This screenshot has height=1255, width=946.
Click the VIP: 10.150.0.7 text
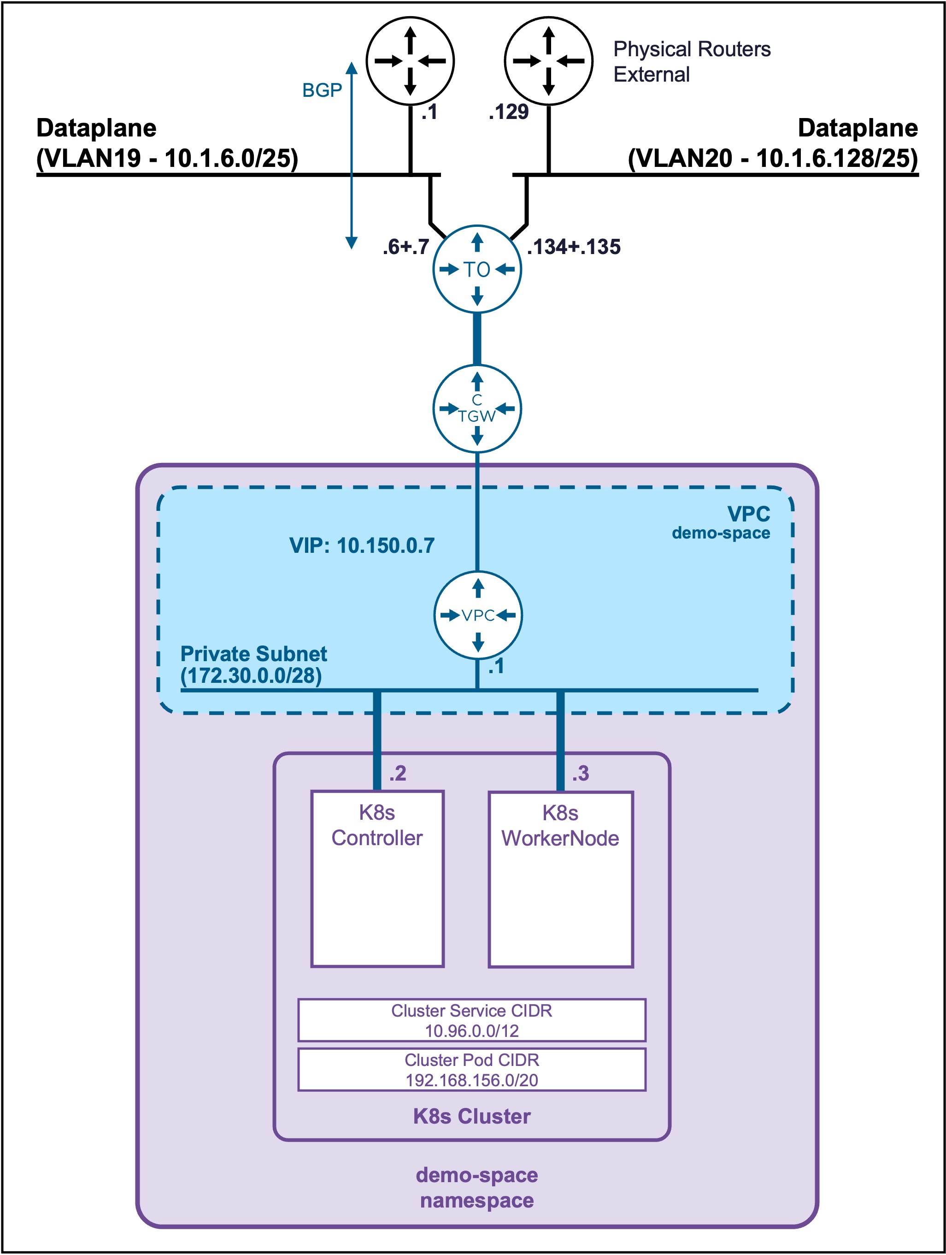pyautogui.click(x=362, y=545)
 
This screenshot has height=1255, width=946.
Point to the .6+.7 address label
pyautogui.click(x=406, y=247)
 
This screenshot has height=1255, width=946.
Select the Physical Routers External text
pyautogui.click(x=692, y=62)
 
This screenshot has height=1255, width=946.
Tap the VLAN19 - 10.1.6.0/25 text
pyautogui.click(x=167, y=158)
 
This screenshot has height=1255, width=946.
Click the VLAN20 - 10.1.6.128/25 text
pyautogui.click(x=773, y=158)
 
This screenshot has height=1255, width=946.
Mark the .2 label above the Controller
pyautogui.click(x=398, y=773)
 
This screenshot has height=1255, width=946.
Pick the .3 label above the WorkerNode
pyautogui.click(x=580, y=773)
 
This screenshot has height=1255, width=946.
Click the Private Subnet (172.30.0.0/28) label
pyautogui.click(x=253, y=664)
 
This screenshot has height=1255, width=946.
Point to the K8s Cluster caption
pyautogui.click(x=472, y=1116)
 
